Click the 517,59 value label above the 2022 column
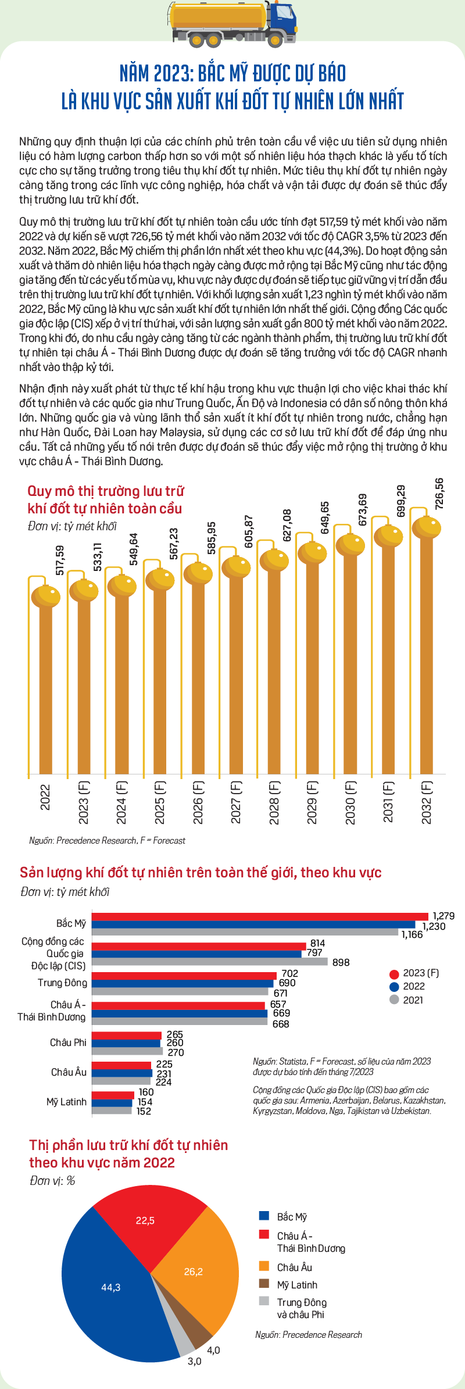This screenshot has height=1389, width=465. click(60, 560)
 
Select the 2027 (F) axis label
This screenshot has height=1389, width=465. click(235, 802)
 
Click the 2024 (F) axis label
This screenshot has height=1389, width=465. click(121, 802)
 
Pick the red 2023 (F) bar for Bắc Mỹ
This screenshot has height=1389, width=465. click(260, 916)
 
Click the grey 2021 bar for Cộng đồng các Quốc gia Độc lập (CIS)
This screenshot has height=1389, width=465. click(210, 962)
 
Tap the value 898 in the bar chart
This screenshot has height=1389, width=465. click(341, 962)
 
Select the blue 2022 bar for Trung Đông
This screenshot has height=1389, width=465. click(183, 984)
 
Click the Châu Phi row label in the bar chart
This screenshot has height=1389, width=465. click(68, 1042)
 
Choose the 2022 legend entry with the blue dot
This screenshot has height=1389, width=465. click(407, 986)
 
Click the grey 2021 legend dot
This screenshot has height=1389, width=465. click(394, 999)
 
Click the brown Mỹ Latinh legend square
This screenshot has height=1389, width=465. click(264, 1284)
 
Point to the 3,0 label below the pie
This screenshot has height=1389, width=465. click(194, 1362)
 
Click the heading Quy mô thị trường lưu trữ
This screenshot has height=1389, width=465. click(106, 491)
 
